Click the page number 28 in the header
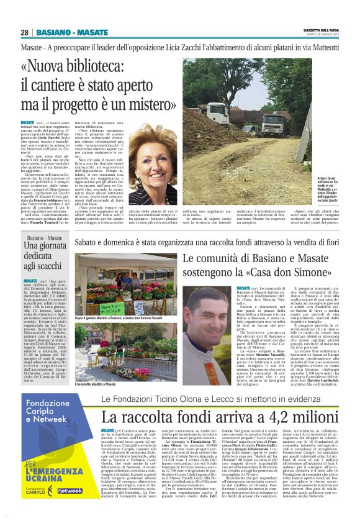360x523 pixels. pos(25,32)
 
